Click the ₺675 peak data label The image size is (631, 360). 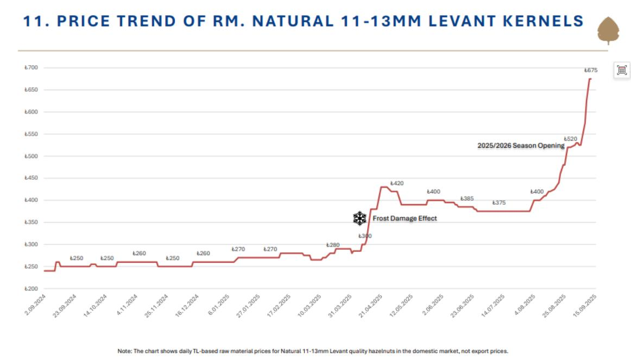[x=591, y=70]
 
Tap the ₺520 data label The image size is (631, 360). [x=570, y=139]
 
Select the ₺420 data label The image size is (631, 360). [x=397, y=184]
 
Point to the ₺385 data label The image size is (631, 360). [x=467, y=199]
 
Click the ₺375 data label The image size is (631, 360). [x=499, y=203]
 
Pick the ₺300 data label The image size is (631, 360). [x=365, y=236]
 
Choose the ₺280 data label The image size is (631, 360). [x=333, y=245]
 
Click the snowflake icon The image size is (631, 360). [x=359, y=218]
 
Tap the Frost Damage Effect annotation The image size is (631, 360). [x=405, y=218]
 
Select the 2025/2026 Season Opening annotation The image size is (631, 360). [x=521, y=146]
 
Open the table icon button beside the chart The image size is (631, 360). [x=622, y=70]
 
